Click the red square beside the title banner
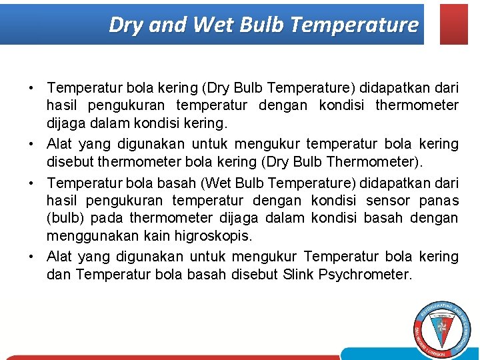point(454,24)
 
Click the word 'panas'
point(439,200)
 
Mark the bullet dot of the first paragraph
point(32,88)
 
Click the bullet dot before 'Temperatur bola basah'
point(32,182)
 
